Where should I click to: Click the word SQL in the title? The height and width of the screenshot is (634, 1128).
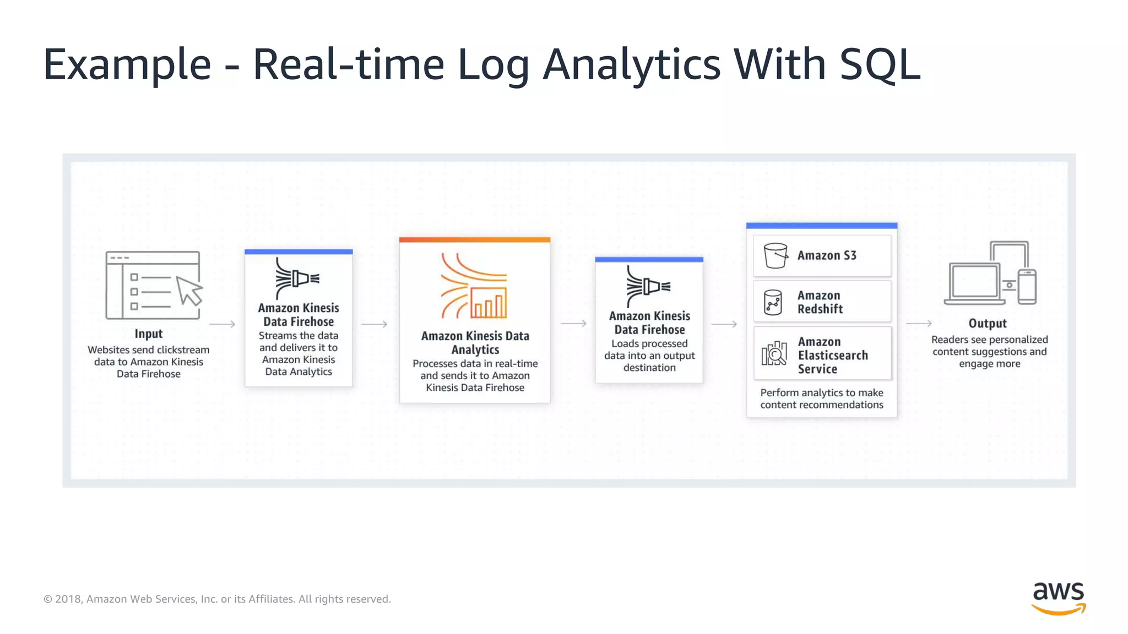coord(880,64)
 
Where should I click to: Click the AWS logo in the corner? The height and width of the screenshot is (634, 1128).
coord(1058,598)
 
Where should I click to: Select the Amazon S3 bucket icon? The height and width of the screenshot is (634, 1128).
coord(775,255)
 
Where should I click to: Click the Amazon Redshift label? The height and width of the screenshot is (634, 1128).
coord(820,302)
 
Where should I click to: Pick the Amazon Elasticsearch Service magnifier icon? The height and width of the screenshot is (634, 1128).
coord(774,353)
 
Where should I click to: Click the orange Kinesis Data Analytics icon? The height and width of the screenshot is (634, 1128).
coord(474,286)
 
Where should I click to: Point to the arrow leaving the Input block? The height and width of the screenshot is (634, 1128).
coord(223,324)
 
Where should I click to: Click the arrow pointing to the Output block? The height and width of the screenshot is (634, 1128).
coord(919,324)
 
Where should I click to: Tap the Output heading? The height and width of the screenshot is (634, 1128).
coord(988,324)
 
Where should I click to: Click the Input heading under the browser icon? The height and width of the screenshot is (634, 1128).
coord(149,334)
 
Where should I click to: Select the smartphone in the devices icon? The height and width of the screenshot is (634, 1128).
coord(1027,287)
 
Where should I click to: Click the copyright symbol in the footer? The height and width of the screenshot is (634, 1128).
coord(48,599)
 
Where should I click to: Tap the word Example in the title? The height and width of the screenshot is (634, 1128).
coord(127,64)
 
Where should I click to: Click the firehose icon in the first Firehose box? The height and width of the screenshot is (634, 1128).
coord(297,278)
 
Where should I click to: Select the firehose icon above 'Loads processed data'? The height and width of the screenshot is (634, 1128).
coord(648,286)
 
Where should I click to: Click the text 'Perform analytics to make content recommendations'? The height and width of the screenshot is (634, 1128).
coord(822,398)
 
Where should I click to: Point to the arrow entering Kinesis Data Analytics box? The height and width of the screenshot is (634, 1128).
coord(375,324)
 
